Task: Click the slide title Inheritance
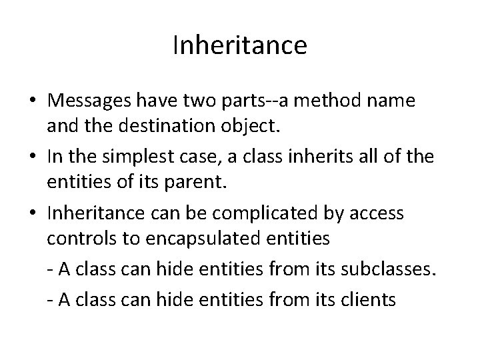pyautogui.click(x=239, y=45)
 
